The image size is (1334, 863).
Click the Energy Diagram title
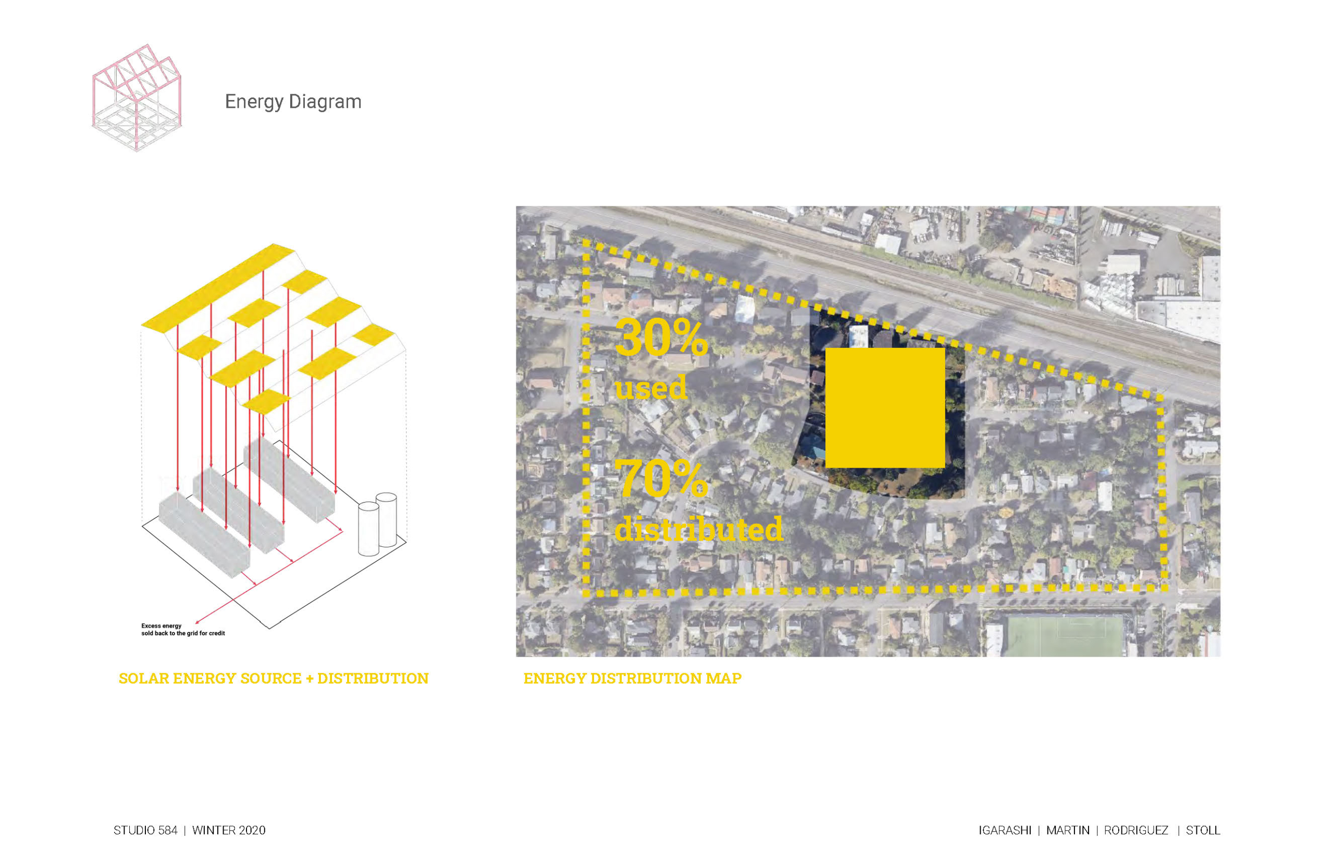click(293, 102)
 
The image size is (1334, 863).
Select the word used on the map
click(651, 386)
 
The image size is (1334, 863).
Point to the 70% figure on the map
click(661, 478)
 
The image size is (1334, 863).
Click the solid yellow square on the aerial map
click(885, 408)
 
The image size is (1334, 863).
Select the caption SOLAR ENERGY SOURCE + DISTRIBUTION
click(274, 678)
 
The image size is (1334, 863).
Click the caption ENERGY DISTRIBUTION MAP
click(632, 678)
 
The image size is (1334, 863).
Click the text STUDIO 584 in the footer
click(145, 830)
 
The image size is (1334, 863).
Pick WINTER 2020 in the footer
click(229, 830)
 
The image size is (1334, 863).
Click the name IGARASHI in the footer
click(1005, 830)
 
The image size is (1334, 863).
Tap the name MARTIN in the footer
click(1068, 830)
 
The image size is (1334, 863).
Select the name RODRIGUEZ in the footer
click(1136, 830)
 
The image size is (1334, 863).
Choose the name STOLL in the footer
click(1203, 830)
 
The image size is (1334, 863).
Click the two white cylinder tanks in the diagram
click(377, 524)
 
